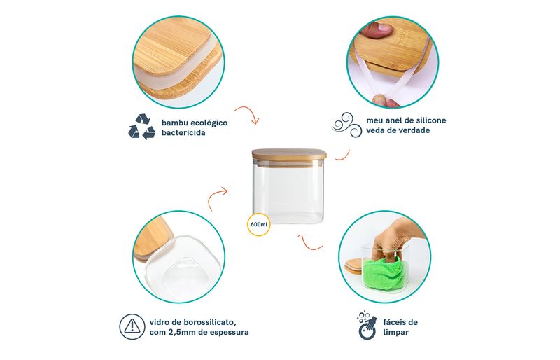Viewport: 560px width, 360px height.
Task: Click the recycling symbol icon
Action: coord(141,127)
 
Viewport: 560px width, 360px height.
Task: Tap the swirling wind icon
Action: coord(347,125)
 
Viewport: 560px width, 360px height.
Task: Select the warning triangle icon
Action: coord(132,327)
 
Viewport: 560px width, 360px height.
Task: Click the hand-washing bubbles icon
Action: coord(367,325)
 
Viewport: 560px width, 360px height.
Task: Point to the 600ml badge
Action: coord(259,225)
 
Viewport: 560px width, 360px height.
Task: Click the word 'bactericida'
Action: coord(183,133)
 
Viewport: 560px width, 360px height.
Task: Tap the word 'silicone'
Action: coord(428,120)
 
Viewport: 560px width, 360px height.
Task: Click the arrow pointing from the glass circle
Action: coord(217,198)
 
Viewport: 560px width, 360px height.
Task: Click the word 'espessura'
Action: coord(230,333)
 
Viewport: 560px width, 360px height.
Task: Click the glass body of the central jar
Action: coord(288,193)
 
